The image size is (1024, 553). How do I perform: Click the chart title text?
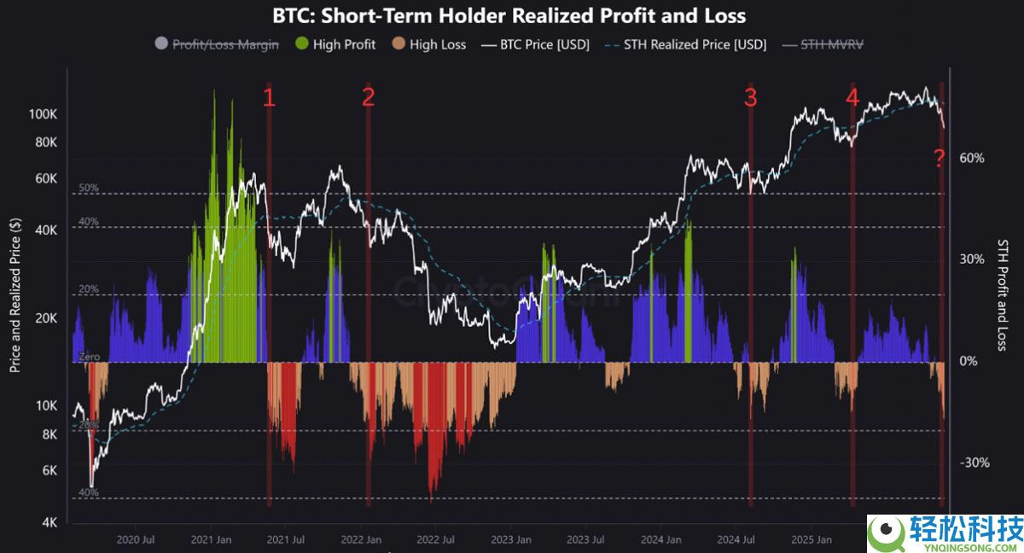509,15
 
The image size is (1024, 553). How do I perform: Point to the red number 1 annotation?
269,98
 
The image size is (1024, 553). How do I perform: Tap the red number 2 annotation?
368,97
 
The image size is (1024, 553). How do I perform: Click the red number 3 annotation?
750,98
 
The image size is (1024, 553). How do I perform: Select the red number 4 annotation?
852,98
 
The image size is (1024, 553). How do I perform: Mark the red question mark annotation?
939,158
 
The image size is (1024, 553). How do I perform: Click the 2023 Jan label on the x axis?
512,539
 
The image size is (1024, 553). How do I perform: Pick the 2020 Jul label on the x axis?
135,539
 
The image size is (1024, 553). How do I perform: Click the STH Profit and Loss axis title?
1003,294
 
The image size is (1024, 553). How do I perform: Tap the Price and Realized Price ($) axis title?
15,294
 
